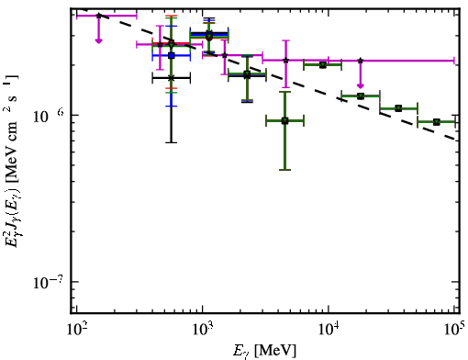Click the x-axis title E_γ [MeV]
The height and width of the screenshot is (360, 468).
point(264,351)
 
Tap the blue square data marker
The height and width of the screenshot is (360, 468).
point(172,56)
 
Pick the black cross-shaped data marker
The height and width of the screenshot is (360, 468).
point(172,78)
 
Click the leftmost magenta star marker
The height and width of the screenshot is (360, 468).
point(98,16)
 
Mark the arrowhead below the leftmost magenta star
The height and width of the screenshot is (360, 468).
point(98,40)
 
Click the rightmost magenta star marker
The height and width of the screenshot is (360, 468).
point(361,61)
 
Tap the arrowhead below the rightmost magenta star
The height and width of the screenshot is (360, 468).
point(361,85)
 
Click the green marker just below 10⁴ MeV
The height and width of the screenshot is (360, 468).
point(322,65)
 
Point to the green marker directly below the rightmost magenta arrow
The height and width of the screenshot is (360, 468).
point(361,96)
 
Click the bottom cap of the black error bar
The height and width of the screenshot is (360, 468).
point(172,142)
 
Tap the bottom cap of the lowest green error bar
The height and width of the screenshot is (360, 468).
point(284,170)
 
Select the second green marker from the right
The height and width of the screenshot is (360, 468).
point(398,108)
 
